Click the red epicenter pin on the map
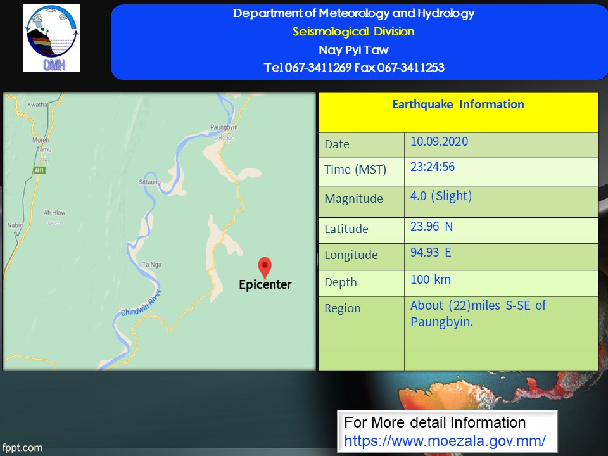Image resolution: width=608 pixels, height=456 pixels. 265,267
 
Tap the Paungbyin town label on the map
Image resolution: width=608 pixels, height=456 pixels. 224,127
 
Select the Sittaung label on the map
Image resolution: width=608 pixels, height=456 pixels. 149,182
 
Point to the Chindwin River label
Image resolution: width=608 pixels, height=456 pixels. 141,303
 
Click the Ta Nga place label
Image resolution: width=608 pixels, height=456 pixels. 151,265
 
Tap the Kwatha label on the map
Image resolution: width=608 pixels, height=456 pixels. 37,104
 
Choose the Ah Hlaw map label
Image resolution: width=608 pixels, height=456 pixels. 54,213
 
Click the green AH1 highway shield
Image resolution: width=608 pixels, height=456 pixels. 39,170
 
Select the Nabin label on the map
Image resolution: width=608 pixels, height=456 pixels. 15,225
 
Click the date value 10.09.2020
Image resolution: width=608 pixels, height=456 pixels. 440,141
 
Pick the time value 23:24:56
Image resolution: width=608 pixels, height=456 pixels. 433,167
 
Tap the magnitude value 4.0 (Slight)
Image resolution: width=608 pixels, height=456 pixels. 441,196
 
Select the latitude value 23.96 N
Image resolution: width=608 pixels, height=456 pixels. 431,226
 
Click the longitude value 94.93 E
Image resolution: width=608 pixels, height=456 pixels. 431,253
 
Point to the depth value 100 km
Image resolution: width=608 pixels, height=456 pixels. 431,279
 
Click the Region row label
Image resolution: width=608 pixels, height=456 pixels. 343,308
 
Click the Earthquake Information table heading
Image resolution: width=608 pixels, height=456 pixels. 458,104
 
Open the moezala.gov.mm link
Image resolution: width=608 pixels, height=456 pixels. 445,441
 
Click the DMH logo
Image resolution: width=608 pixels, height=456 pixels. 52,38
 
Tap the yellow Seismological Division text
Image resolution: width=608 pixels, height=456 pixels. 353,32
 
